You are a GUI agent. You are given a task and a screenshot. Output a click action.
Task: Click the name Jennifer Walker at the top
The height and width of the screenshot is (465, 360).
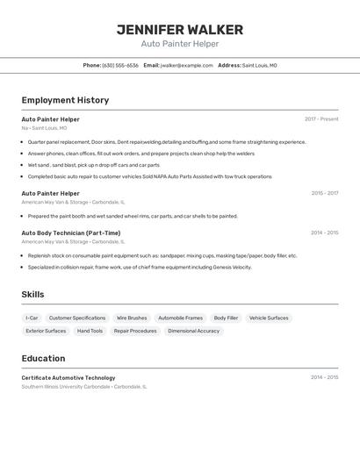[180, 30]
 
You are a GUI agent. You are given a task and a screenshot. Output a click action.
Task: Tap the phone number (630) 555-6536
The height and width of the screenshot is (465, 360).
[120, 65]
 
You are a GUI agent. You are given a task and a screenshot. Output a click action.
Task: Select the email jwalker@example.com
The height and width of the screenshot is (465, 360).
[187, 65]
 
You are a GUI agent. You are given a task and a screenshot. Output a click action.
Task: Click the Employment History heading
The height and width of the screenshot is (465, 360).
[65, 100]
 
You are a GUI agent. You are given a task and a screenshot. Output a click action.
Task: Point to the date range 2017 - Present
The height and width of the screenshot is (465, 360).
[321, 119]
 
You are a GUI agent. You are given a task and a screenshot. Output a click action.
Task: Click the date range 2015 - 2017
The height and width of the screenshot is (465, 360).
[324, 193]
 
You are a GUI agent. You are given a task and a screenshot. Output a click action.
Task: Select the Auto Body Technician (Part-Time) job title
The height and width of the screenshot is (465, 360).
[71, 233]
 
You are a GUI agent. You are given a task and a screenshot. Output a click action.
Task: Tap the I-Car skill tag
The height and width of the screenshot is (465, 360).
[32, 318]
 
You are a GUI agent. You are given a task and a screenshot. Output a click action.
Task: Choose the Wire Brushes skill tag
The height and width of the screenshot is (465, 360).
[132, 318]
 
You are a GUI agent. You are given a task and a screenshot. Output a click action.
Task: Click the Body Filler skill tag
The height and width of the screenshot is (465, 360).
[226, 318]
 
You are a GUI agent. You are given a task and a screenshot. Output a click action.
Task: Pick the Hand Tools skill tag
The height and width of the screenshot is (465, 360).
[90, 331]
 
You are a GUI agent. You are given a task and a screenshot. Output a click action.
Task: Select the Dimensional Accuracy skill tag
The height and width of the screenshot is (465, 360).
[193, 331]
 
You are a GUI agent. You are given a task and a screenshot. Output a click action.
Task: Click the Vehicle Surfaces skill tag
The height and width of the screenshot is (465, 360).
[269, 318]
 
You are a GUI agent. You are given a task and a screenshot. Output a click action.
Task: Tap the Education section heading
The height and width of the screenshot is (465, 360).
[43, 358]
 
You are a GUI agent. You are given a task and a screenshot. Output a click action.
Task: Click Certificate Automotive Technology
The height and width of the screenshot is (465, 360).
[68, 377]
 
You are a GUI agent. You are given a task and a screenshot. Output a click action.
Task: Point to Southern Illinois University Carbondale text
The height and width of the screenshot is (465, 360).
[66, 386]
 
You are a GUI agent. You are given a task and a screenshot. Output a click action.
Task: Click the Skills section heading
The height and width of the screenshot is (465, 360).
[32, 295]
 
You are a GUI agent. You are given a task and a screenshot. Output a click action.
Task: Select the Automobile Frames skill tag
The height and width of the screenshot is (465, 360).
[180, 318]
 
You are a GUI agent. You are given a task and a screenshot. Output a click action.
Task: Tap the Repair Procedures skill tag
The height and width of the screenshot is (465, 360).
[135, 331]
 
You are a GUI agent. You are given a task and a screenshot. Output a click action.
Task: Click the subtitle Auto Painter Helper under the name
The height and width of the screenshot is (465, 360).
[180, 44]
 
